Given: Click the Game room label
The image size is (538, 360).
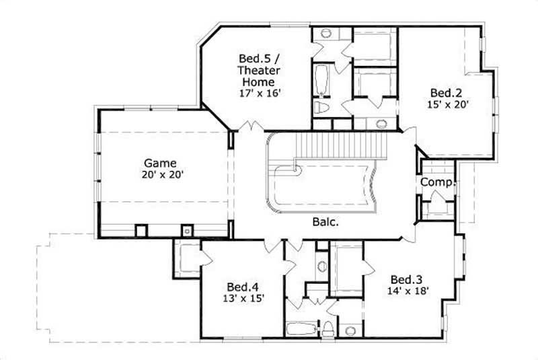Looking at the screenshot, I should pyautogui.click(x=161, y=163).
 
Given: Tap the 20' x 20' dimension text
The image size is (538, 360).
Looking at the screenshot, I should pyautogui.click(x=161, y=174).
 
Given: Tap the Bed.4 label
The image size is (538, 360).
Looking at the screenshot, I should pyautogui.click(x=240, y=285).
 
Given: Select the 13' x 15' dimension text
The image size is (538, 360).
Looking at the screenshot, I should pyautogui.click(x=240, y=297).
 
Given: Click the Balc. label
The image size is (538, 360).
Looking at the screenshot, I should pyautogui.click(x=325, y=221).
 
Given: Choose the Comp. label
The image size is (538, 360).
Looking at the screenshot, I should pyautogui.click(x=438, y=182).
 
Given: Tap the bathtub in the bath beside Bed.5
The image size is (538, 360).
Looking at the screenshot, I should pyautogui.click(x=321, y=80).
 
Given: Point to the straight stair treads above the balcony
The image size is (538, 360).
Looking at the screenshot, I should pyautogui.click(x=344, y=143).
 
